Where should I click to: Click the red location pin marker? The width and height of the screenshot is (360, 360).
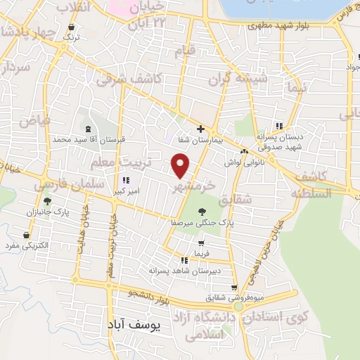(x=181, y=167)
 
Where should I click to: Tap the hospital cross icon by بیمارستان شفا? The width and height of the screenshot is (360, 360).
(x=201, y=129)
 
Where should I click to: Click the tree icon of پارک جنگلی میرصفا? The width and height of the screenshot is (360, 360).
(x=202, y=210)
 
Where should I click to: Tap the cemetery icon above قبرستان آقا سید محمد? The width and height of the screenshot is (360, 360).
(x=88, y=129)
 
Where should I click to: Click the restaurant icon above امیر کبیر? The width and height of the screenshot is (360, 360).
(x=124, y=180)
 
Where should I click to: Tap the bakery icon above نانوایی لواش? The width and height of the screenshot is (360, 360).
(x=243, y=152)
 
